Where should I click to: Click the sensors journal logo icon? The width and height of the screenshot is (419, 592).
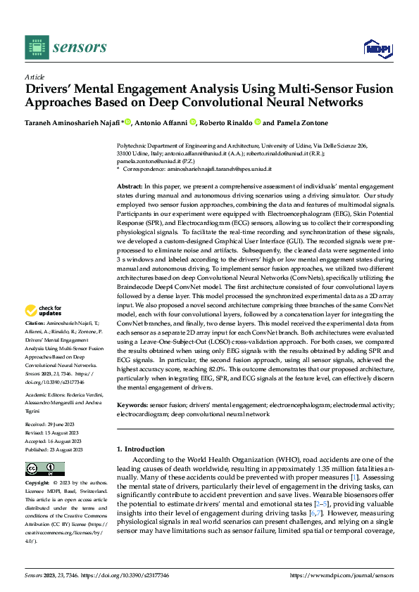click(x=35, y=47)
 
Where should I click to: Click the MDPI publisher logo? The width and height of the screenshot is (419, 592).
click(x=377, y=47)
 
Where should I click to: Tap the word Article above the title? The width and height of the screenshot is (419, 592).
click(x=34, y=77)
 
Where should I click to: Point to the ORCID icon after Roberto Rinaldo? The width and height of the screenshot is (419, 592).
click(x=258, y=122)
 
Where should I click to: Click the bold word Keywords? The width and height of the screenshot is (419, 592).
click(x=132, y=406)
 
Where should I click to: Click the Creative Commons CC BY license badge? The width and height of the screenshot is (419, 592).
click(x=44, y=468)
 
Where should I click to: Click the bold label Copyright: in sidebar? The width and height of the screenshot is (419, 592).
click(x=38, y=484)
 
